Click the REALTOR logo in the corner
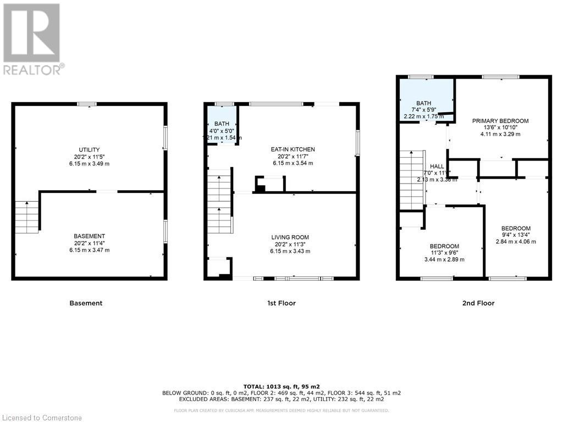32,38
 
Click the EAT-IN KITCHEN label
292,149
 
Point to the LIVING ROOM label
290,237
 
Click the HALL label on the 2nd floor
437,166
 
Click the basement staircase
26,217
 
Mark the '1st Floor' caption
281,303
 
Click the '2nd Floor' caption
478,303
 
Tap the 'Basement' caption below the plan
86,303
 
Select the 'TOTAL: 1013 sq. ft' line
281,386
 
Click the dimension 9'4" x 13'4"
516,235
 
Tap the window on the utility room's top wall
86,104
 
